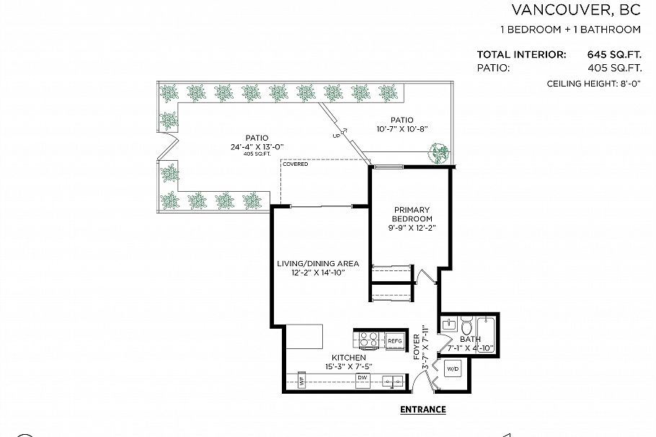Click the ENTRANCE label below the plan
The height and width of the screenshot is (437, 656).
[422, 410]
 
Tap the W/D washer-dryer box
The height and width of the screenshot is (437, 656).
[453, 368]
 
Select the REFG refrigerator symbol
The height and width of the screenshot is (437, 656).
[395, 340]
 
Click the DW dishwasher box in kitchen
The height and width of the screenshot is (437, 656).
[363, 378]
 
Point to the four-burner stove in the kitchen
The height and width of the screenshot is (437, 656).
[368, 339]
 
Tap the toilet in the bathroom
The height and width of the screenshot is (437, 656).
[466, 322]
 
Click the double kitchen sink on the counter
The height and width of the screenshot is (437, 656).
[393, 379]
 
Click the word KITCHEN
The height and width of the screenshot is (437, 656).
[348, 358]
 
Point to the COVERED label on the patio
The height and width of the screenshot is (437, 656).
[295, 164]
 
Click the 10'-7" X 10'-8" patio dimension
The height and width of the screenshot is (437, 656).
[402, 130]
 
